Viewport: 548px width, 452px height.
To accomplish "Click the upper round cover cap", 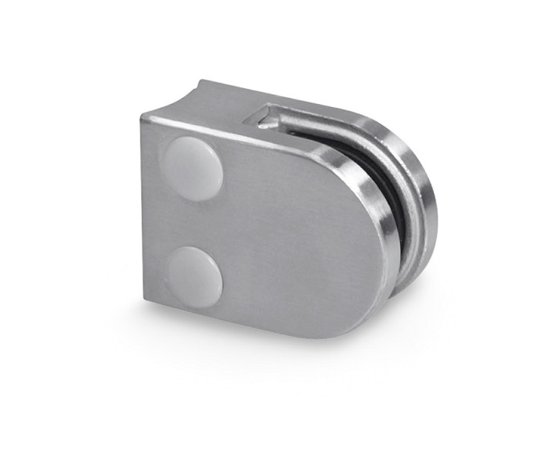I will click(192, 167).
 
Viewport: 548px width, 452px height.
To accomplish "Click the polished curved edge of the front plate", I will click(374, 196).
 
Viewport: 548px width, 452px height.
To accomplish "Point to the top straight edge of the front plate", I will click(235, 133).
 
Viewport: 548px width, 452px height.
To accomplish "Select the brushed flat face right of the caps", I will click(297, 235).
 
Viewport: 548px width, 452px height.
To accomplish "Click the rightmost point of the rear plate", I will click(431, 203).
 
